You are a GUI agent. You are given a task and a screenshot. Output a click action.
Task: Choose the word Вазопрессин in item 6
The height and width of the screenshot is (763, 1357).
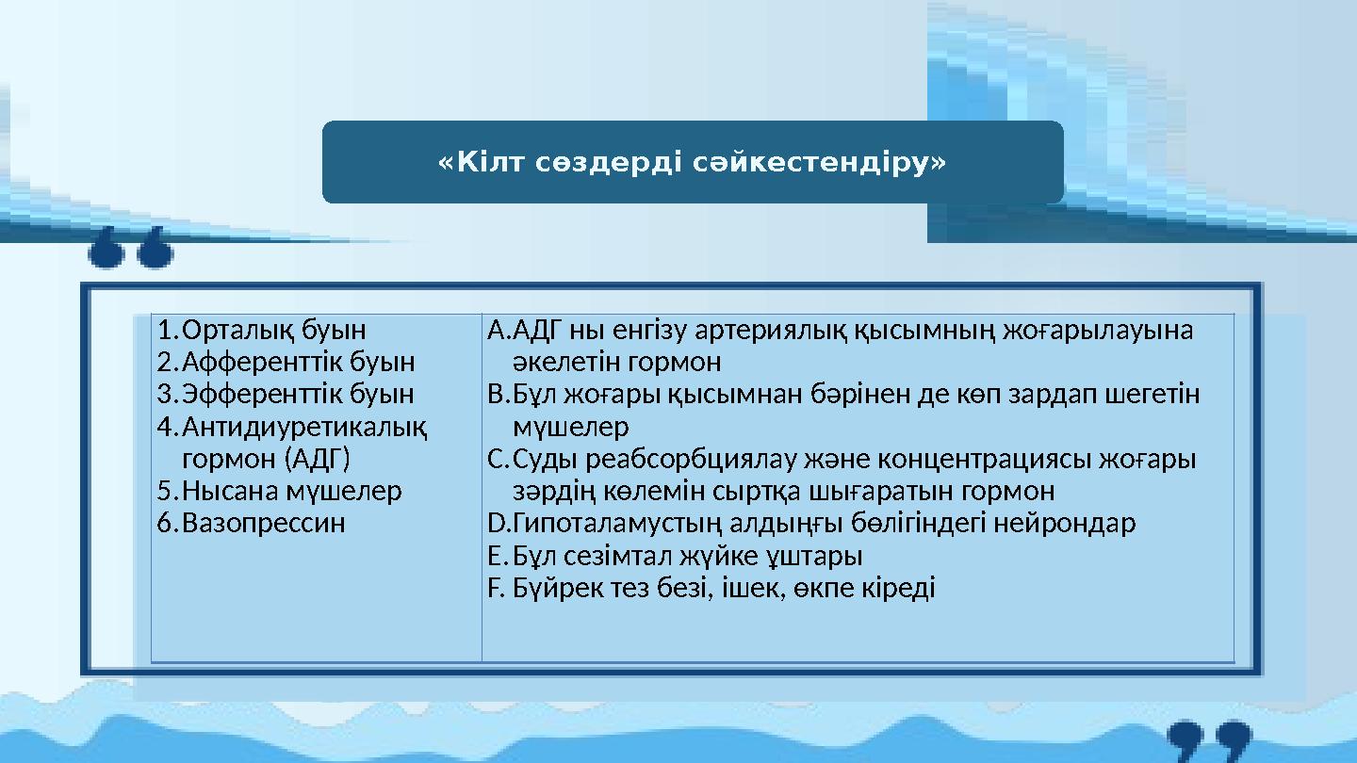tap(264, 523)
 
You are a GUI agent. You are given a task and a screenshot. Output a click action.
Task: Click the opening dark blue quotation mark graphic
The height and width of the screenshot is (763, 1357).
tap(131, 247)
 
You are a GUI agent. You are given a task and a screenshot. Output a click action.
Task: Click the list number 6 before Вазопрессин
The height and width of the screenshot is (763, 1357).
tap(167, 523)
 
